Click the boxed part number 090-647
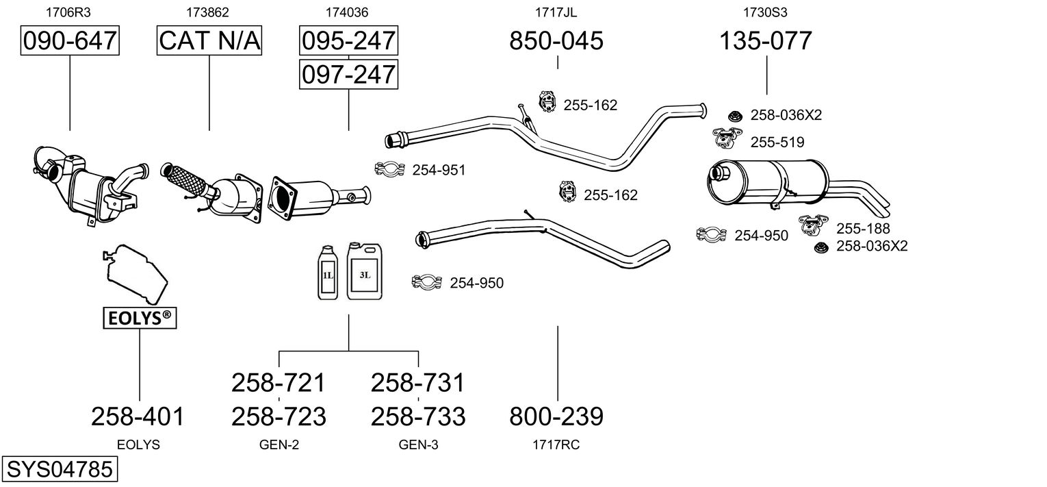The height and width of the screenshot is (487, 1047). click(x=70, y=40)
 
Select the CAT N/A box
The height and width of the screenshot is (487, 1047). click(x=209, y=40)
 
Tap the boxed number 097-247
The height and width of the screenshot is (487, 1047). click(x=349, y=74)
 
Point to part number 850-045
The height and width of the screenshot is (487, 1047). click(x=556, y=40)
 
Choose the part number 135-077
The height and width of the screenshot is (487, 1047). click(x=766, y=40)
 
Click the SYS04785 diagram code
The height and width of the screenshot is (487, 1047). click(x=60, y=469)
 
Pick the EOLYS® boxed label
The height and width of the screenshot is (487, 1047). click(x=140, y=318)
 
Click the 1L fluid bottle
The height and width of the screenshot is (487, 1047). click(x=328, y=273)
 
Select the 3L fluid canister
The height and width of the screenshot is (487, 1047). click(x=365, y=271)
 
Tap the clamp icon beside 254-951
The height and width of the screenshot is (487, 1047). click(x=390, y=169)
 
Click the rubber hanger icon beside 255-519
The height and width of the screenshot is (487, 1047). click(x=727, y=138)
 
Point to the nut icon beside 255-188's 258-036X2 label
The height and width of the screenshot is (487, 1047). click(x=820, y=247)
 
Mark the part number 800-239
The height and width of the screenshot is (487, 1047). click(x=556, y=416)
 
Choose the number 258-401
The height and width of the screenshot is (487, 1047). click(x=138, y=416)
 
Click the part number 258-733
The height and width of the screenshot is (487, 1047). click(x=418, y=416)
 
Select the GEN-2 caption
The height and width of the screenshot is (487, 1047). click(x=279, y=445)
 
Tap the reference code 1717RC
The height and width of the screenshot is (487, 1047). click(x=556, y=445)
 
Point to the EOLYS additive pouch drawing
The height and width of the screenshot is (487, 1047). click(x=135, y=273)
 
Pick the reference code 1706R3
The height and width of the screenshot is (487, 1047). click(x=68, y=12)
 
